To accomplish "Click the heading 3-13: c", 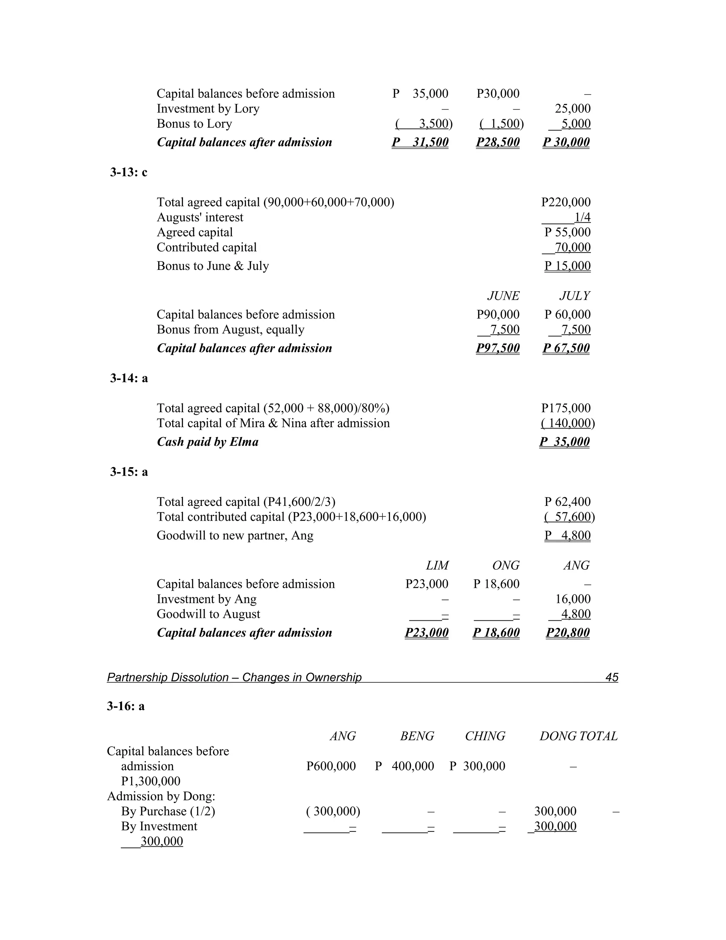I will [129, 172].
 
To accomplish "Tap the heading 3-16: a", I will [125, 706].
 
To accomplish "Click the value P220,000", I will [565, 202].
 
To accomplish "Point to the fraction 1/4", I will [582, 217].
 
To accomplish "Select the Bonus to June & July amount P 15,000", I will [567, 266].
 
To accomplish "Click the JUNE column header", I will [503, 296].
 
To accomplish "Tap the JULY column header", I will [574, 296].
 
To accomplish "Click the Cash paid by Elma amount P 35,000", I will [564, 442].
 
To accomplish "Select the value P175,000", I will [565, 408].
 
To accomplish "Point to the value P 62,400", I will [567, 502].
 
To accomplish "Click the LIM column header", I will [437, 565].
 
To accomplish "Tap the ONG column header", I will [506, 565].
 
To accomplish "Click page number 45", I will [611, 677].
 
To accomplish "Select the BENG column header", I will [417, 736].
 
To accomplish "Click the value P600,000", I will [331, 766].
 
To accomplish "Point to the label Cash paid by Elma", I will [207, 442].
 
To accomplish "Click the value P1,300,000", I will [151, 781].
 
